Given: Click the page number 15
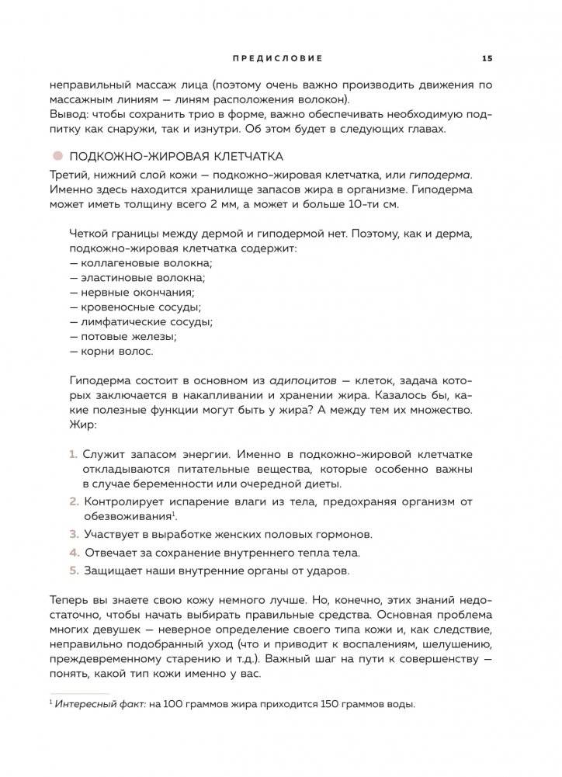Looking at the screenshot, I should [487, 57].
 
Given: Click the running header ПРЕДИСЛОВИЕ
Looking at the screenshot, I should [277, 57].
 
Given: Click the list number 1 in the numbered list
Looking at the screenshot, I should [74, 453].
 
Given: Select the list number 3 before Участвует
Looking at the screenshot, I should [74, 534].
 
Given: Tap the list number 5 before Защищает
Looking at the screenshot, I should [74, 571].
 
